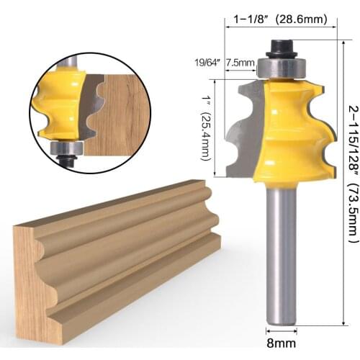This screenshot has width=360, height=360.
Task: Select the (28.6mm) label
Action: point(303,21)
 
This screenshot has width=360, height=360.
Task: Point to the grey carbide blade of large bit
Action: point(245,130)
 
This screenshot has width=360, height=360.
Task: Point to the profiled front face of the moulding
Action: point(130,238)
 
